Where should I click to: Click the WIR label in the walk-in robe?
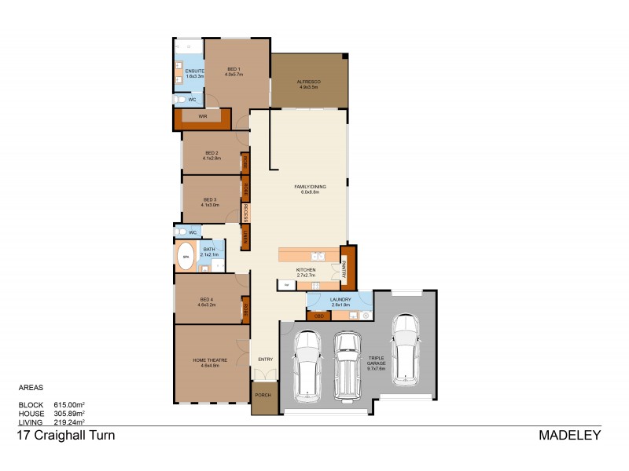point(202,116)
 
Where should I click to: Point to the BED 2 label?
point(211,155)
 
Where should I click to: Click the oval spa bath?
point(186,256)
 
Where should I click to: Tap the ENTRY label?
point(265,360)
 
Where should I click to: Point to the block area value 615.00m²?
point(69,405)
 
